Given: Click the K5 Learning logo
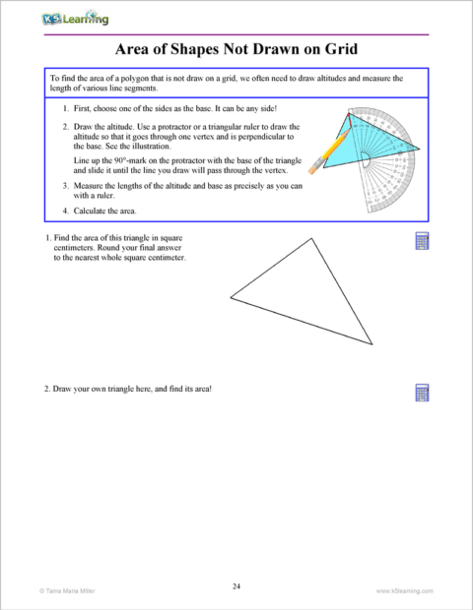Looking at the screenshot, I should point(76,18).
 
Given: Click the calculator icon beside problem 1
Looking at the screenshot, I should point(422,242).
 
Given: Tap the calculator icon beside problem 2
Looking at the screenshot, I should point(422,393).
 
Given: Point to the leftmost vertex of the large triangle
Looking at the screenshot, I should point(231,296).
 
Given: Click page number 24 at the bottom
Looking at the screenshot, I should point(236,586).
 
